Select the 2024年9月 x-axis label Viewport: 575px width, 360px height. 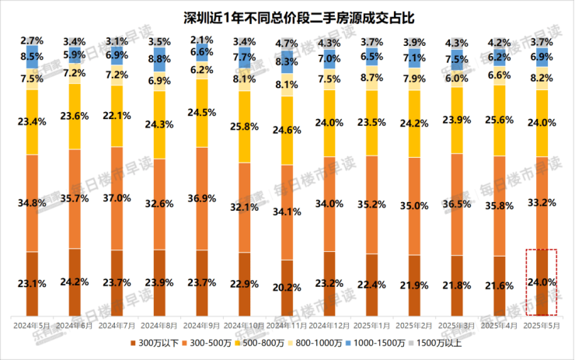tap(200, 321)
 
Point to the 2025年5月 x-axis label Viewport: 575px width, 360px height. tap(536, 321)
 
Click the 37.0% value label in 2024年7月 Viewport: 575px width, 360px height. tap(116, 198)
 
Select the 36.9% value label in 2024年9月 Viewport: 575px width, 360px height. tap(200, 199)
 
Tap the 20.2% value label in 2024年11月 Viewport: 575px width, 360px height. tap(284, 287)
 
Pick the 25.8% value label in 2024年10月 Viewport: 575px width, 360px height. tap(242, 125)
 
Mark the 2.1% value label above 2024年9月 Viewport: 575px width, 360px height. tap(200, 40)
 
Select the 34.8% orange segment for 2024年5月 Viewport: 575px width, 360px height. tap(32, 203)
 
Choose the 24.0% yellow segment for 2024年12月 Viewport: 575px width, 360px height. tap(326, 122)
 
